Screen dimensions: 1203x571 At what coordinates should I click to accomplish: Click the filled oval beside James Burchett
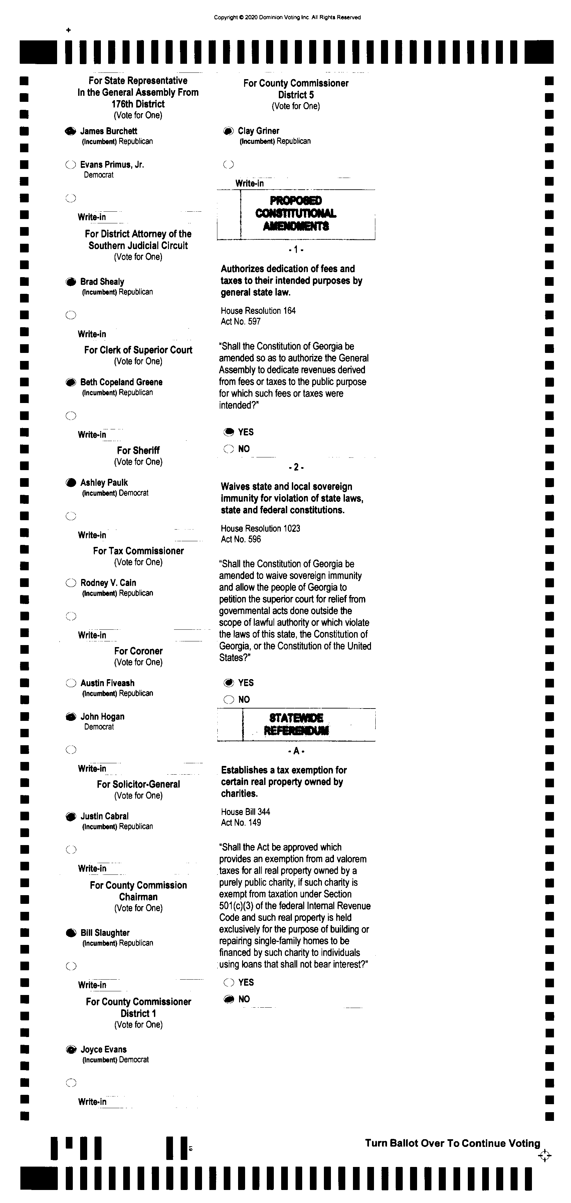(70, 132)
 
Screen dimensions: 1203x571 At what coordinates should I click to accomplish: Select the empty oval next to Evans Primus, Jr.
(70, 165)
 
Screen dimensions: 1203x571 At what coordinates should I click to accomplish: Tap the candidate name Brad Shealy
(102, 281)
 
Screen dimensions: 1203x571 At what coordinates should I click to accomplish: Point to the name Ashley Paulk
(104, 482)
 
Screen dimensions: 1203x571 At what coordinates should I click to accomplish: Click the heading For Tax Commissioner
(138, 551)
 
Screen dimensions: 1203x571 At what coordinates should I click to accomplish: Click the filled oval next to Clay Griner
(228, 131)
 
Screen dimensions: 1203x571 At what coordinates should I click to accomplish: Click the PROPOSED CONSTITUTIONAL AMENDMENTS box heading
(296, 213)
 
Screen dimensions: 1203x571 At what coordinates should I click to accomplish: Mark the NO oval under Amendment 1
(229, 449)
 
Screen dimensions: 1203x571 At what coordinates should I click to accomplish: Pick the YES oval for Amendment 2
(229, 683)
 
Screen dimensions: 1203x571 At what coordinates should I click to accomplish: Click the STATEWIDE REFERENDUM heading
(296, 724)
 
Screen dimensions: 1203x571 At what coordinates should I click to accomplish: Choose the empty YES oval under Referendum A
(229, 983)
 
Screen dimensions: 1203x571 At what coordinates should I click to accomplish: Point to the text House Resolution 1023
(260, 529)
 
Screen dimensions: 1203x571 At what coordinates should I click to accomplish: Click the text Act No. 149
(241, 822)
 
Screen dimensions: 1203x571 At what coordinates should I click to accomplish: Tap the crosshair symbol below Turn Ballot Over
(544, 1156)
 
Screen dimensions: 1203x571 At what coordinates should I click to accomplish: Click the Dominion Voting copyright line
(287, 18)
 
